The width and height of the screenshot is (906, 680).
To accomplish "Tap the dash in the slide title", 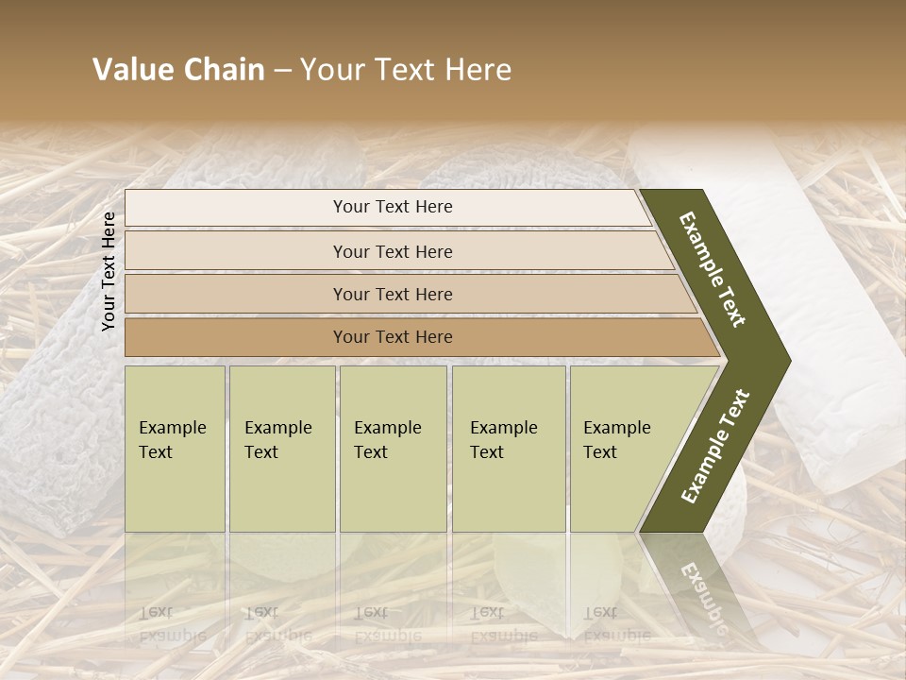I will point(282,71).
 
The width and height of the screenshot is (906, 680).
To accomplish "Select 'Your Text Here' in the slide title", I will point(406,70).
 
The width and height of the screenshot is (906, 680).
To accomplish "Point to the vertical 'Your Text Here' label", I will point(109,272).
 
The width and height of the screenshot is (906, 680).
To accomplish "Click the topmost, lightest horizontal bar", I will point(387,207).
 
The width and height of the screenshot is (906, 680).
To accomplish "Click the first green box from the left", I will point(175,449).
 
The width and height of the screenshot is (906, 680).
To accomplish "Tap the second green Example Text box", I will point(281,449).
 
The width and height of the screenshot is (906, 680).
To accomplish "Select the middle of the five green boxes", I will point(393,449).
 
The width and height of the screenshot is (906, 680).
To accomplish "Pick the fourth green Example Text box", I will point(508,449).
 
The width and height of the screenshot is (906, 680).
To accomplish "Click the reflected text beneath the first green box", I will point(172,623).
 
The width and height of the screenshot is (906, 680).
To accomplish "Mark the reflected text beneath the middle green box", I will point(387,623).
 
